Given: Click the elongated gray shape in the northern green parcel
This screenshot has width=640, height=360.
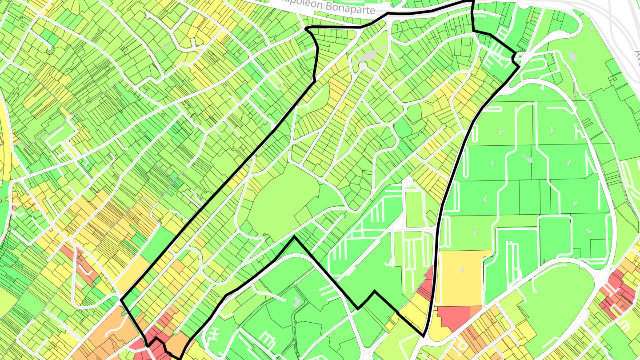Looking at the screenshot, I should (x=368, y=56).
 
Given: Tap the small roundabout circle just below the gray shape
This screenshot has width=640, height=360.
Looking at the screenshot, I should (x=362, y=66).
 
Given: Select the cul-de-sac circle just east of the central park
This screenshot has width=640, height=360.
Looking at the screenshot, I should (x=342, y=216).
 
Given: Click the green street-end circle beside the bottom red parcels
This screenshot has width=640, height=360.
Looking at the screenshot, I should (x=176, y=332).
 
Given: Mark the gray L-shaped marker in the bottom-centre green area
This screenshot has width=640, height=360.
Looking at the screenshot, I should (x=297, y=302).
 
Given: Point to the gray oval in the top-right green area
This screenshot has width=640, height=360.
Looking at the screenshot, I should (x=572, y=57).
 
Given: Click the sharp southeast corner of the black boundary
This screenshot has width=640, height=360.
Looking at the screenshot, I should (x=423, y=336).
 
